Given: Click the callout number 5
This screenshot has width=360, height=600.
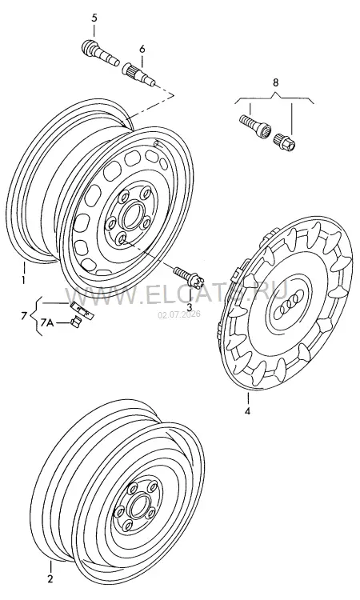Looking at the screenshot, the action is (94, 18).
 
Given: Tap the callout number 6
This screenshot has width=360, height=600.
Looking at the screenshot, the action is (142, 49).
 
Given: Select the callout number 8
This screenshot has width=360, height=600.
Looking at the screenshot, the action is (275, 82).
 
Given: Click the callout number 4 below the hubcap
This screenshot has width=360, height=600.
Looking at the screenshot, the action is (247, 411).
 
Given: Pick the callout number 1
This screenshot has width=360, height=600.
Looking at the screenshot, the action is (23, 279).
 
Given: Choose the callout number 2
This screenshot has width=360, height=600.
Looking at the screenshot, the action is (50, 579).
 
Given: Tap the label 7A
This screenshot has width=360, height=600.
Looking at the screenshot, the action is (46, 324).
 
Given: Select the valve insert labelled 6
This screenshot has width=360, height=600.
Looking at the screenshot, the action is (138, 74).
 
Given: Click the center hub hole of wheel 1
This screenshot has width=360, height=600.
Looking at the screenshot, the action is (131, 215).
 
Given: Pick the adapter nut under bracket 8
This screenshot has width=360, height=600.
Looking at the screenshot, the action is (285, 142).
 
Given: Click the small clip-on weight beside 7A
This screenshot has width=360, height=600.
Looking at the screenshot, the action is (75, 322).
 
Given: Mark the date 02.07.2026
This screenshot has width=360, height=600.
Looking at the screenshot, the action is (179, 315).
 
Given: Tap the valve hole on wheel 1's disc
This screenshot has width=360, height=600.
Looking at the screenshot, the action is (156, 143).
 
